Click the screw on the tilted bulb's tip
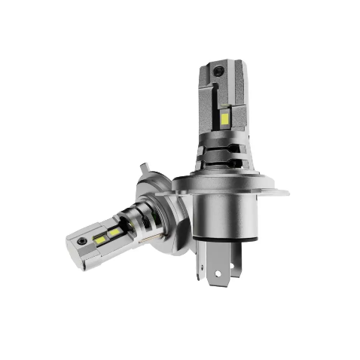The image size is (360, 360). [x=81, y=243]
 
